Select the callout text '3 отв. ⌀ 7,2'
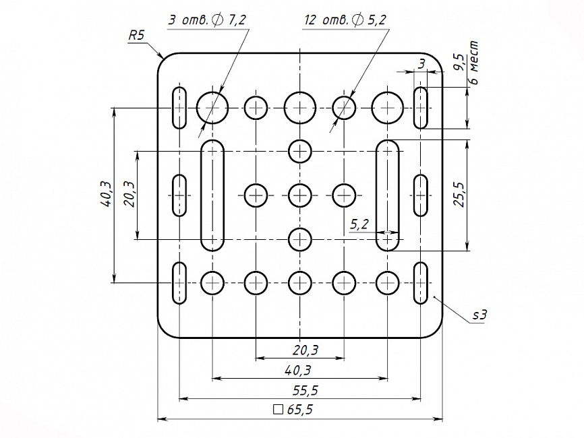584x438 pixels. [207, 20]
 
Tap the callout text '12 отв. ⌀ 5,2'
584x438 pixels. [345, 20]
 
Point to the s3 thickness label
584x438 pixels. [479, 314]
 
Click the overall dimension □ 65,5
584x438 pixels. [294, 409]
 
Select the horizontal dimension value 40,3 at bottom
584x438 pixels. [297, 369]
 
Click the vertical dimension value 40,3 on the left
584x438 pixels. [105, 194]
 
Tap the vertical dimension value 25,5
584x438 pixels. [459, 195]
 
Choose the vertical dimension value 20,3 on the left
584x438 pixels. [129, 195]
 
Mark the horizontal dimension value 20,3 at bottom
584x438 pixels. [305, 350]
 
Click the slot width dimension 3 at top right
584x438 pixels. [421, 64]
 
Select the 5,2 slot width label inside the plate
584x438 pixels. [359, 224]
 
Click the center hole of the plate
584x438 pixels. [300, 195]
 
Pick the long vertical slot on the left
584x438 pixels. [213, 195]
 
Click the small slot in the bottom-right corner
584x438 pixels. [421, 283]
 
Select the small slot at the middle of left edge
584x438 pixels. [179, 195]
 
